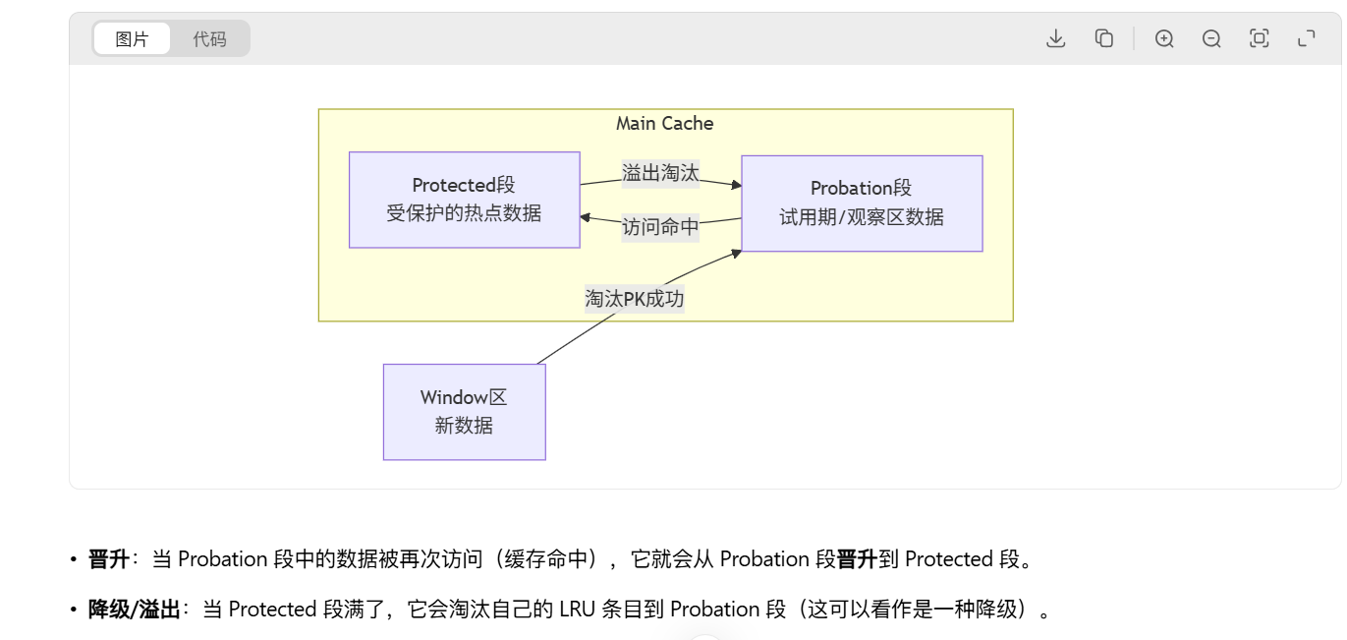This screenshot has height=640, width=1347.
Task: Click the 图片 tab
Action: pyautogui.click(x=132, y=39)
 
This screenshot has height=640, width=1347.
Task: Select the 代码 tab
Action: pyautogui.click(x=209, y=39)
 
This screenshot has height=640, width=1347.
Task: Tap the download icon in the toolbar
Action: pyautogui.click(x=1056, y=38)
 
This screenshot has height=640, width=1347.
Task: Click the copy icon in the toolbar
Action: pyautogui.click(x=1104, y=38)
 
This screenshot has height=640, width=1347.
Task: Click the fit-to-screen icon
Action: pyautogui.click(x=1259, y=38)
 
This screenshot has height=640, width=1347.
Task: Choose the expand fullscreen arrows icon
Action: pyautogui.click(x=1306, y=38)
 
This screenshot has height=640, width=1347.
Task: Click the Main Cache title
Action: pyautogui.click(x=664, y=124)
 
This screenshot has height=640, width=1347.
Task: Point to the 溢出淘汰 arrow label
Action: pyautogui.click(x=660, y=173)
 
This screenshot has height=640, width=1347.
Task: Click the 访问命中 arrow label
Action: pyautogui.click(x=660, y=227)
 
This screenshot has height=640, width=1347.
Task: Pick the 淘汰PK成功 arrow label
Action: pyautogui.click(x=635, y=299)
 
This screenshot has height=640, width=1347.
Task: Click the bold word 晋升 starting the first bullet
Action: pyautogui.click(x=108, y=559)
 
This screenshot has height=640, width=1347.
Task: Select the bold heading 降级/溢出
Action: pyautogui.click(x=135, y=610)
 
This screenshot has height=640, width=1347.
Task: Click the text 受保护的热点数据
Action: pyautogui.click(x=464, y=212)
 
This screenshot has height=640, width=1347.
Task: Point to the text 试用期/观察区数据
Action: pyautogui.click(x=862, y=217)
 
